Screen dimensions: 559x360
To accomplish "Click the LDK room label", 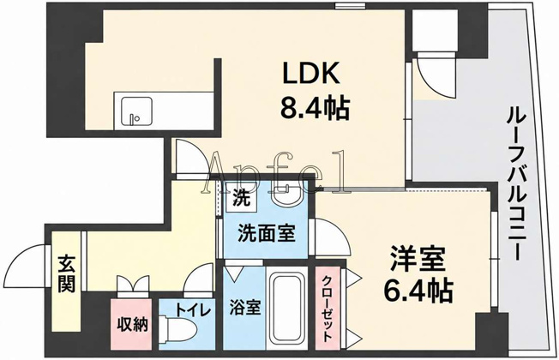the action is click(311, 73).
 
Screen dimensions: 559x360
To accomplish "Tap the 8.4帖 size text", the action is click(315, 107).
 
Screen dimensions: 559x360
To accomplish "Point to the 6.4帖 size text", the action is click(418, 291).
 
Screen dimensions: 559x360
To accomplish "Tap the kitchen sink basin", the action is click(136, 111).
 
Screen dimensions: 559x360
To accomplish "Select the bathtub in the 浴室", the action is click(286, 309).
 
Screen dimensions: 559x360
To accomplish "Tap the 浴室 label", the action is click(245, 308).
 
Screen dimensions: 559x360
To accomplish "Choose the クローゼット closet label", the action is click(328, 309).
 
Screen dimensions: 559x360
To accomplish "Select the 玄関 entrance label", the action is click(66, 273).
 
